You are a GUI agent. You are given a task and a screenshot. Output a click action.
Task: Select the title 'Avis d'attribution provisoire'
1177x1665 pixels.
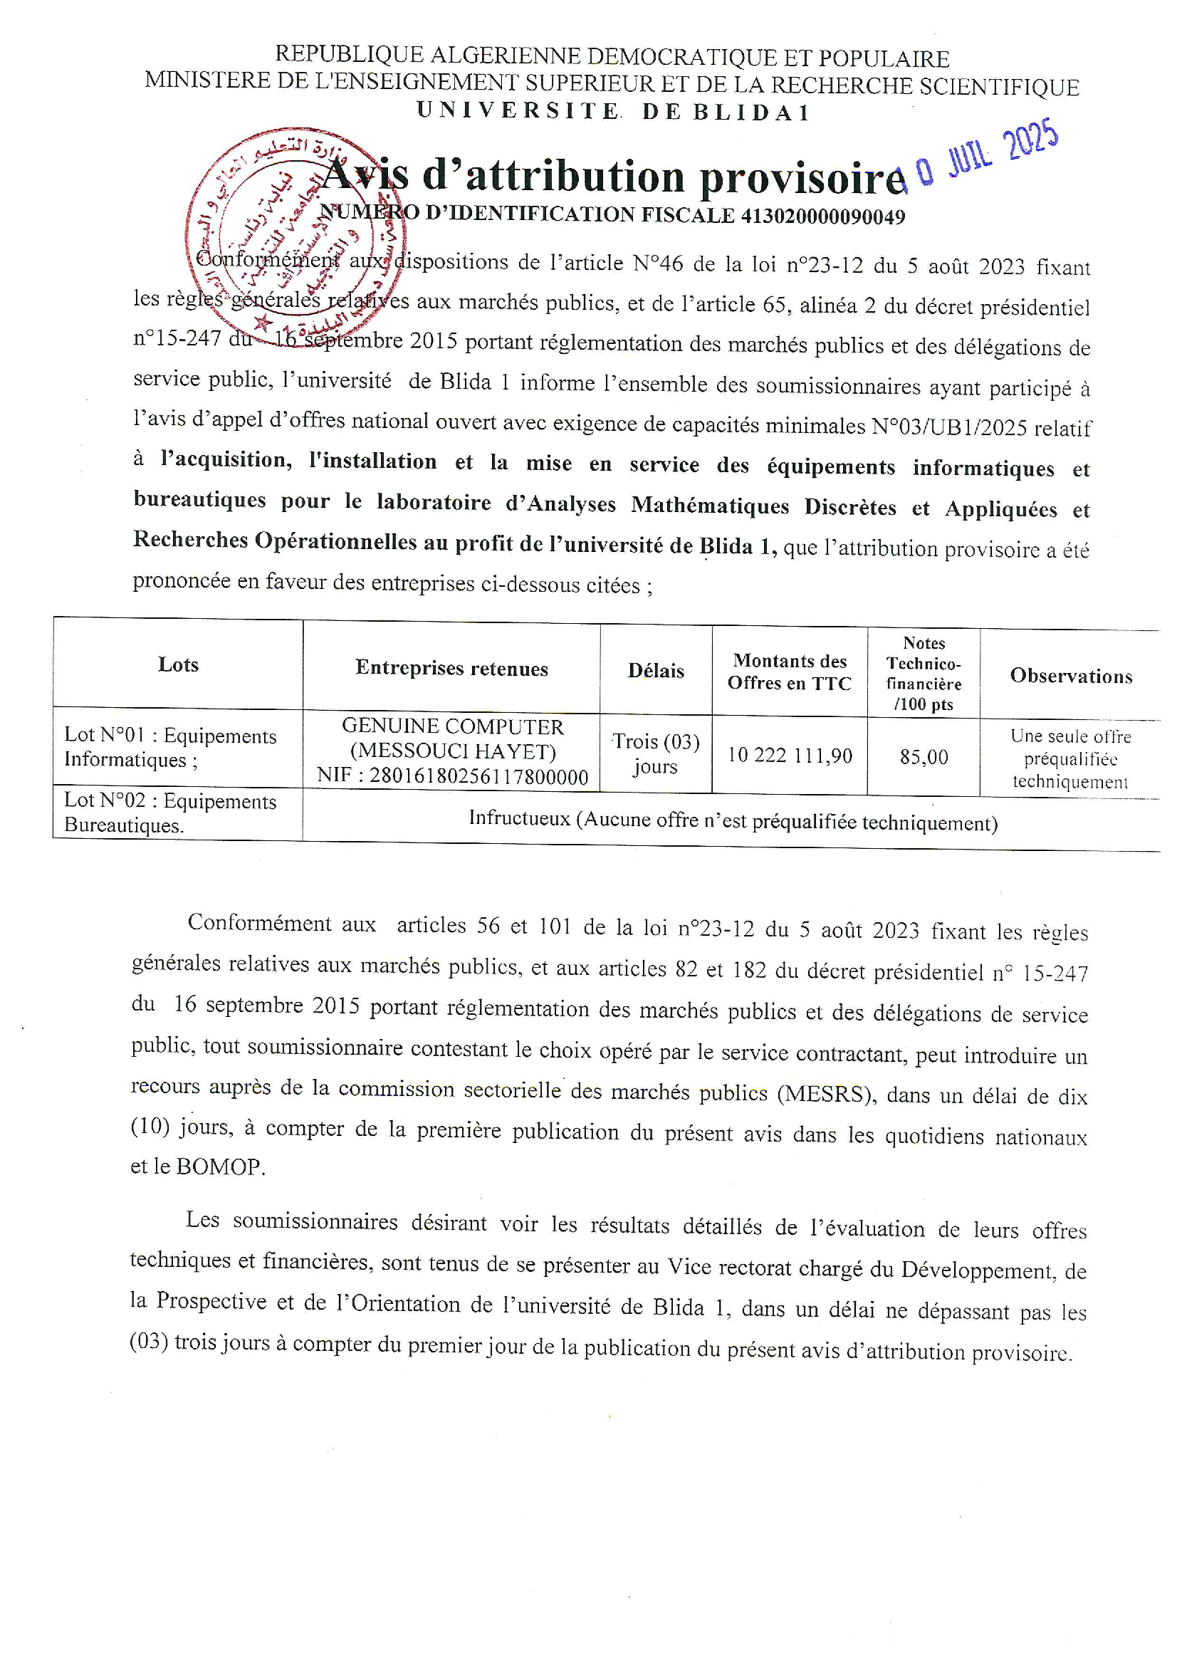coord(613,177)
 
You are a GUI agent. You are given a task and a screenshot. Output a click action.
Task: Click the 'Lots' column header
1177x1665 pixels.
coord(178,665)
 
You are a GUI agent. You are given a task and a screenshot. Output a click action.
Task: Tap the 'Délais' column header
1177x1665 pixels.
coord(656,671)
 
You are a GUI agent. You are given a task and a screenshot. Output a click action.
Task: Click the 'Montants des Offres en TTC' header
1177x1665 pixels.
coord(789,672)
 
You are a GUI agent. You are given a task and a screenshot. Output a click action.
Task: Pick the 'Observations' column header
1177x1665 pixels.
coord(1070,676)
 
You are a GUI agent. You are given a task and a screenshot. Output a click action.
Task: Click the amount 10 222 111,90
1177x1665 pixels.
coord(790,756)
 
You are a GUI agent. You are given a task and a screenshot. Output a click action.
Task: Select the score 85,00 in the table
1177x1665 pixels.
coord(924,757)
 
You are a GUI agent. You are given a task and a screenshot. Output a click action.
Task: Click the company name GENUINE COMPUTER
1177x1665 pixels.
coord(453,726)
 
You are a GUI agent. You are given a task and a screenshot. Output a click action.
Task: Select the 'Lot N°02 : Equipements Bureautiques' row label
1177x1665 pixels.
coord(170,813)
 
